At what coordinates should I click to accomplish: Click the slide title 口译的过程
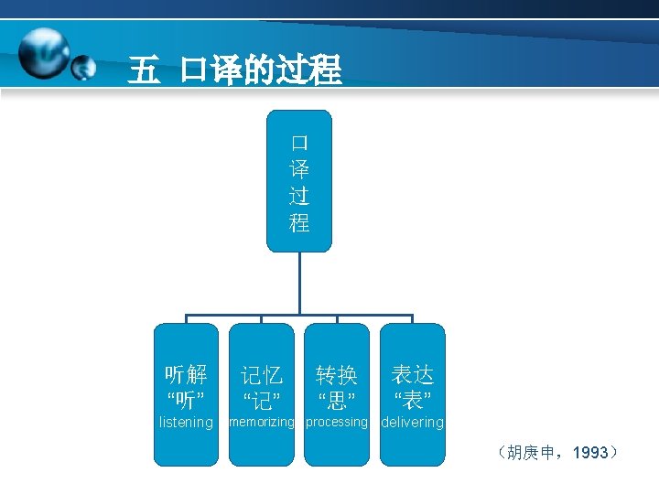tap(261, 70)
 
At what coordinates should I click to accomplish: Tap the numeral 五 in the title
tap(143, 70)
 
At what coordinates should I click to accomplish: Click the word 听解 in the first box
tap(186, 374)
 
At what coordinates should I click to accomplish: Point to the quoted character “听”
tap(186, 399)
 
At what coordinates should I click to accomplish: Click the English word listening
tap(186, 423)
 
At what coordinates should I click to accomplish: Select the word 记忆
tap(262, 374)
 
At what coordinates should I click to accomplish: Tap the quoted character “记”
tap(262, 399)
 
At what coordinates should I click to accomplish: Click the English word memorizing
tap(262, 423)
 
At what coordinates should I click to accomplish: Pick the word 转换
tap(337, 374)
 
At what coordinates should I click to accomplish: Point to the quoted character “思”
tap(337, 399)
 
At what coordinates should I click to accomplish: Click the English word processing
tap(337, 423)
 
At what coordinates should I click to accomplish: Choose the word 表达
tap(412, 374)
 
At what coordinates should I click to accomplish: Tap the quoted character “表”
tap(412, 399)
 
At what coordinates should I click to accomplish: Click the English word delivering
tap(412, 423)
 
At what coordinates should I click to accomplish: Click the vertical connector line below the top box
tap(299, 284)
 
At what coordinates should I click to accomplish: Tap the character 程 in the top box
tap(299, 222)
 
